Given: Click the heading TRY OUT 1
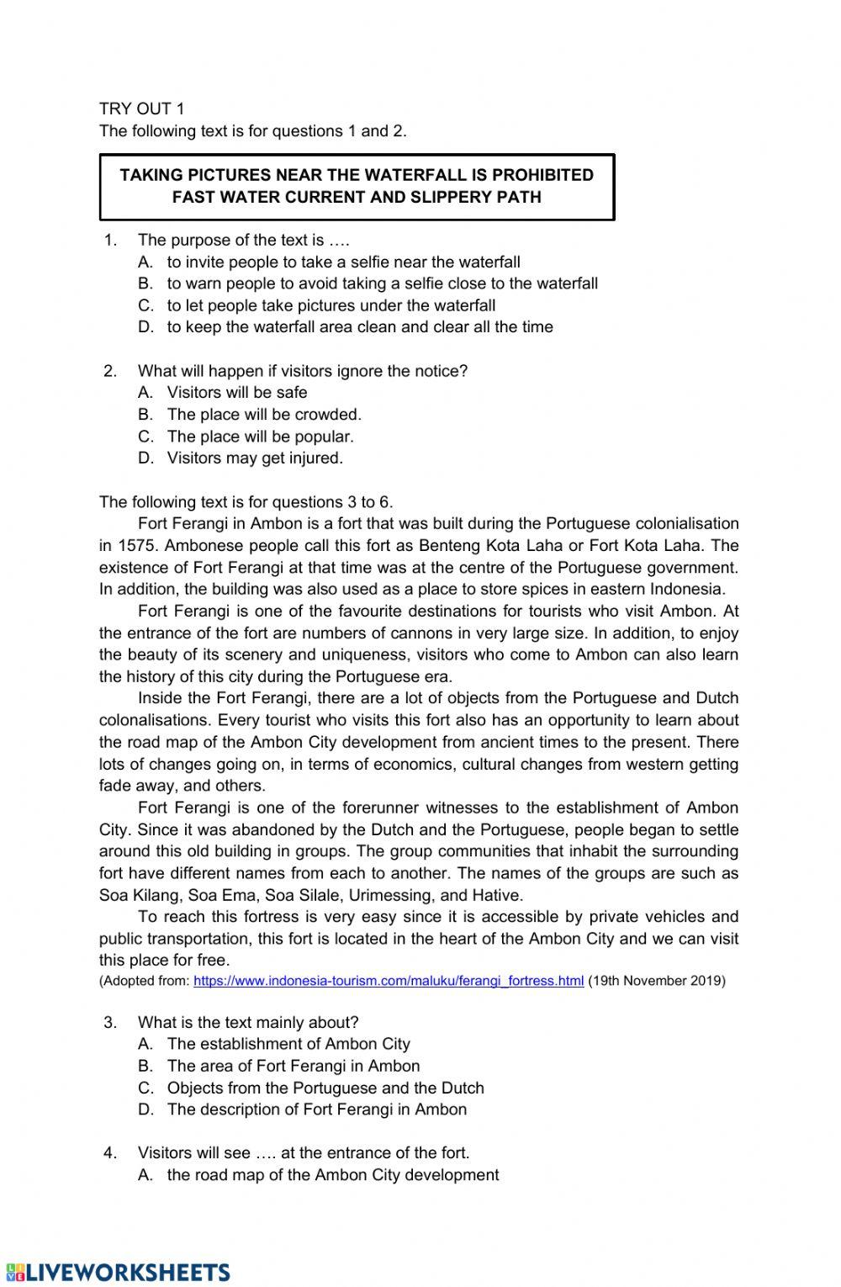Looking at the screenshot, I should point(141,109).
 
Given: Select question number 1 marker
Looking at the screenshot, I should point(110,240).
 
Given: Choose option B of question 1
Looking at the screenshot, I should point(382,283).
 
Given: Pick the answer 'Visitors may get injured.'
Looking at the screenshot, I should point(255,458).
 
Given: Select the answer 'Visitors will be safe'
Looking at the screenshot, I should point(237,392).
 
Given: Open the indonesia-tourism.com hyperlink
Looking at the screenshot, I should point(389,981).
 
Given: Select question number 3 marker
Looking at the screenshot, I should point(110,1022).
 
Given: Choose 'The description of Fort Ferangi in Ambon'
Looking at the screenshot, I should point(316,1109).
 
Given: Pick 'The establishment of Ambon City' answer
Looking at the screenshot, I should point(288,1044).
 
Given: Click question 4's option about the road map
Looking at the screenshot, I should point(332,1174).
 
